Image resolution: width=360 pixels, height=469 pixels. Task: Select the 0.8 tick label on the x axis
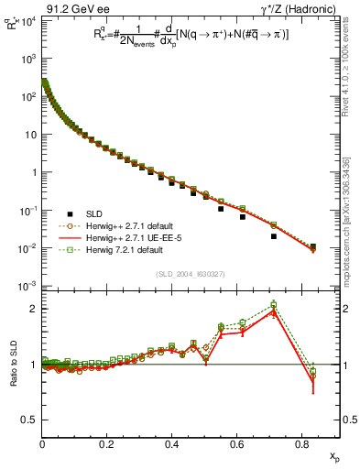pos(301,445)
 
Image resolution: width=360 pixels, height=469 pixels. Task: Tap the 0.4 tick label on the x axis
pos(171,445)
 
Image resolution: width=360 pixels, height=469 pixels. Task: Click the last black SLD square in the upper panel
pos(312,246)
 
